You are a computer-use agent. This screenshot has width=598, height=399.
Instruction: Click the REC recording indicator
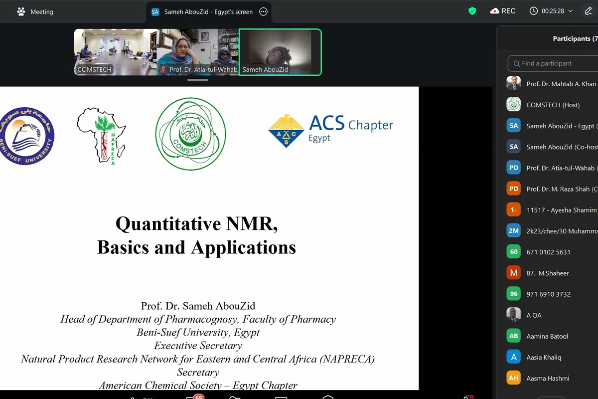(503, 11)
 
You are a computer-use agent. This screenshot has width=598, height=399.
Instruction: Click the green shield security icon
(472, 11)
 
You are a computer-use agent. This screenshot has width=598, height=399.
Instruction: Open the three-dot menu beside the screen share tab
(264, 11)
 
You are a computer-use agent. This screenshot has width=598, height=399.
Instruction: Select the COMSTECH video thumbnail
(116, 52)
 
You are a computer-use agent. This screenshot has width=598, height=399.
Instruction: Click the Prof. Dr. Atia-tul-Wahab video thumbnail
(198, 52)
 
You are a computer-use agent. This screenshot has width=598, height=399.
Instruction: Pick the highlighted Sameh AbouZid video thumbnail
(280, 52)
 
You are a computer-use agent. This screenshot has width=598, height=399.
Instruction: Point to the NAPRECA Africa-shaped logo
(102, 136)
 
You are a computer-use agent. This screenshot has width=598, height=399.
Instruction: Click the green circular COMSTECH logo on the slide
(190, 134)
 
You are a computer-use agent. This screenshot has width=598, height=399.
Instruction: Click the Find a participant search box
(553, 63)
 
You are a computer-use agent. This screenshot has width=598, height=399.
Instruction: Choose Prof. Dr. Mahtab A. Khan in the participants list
(561, 84)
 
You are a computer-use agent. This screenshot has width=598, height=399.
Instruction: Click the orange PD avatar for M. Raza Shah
(514, 189)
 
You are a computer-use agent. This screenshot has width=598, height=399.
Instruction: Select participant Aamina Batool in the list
(547, 336)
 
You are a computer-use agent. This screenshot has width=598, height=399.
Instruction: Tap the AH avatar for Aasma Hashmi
(514, 378)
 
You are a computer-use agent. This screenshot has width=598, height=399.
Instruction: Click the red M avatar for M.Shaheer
(514, 273)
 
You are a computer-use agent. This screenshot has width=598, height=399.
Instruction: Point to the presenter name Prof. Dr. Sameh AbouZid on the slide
(198, 306)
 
